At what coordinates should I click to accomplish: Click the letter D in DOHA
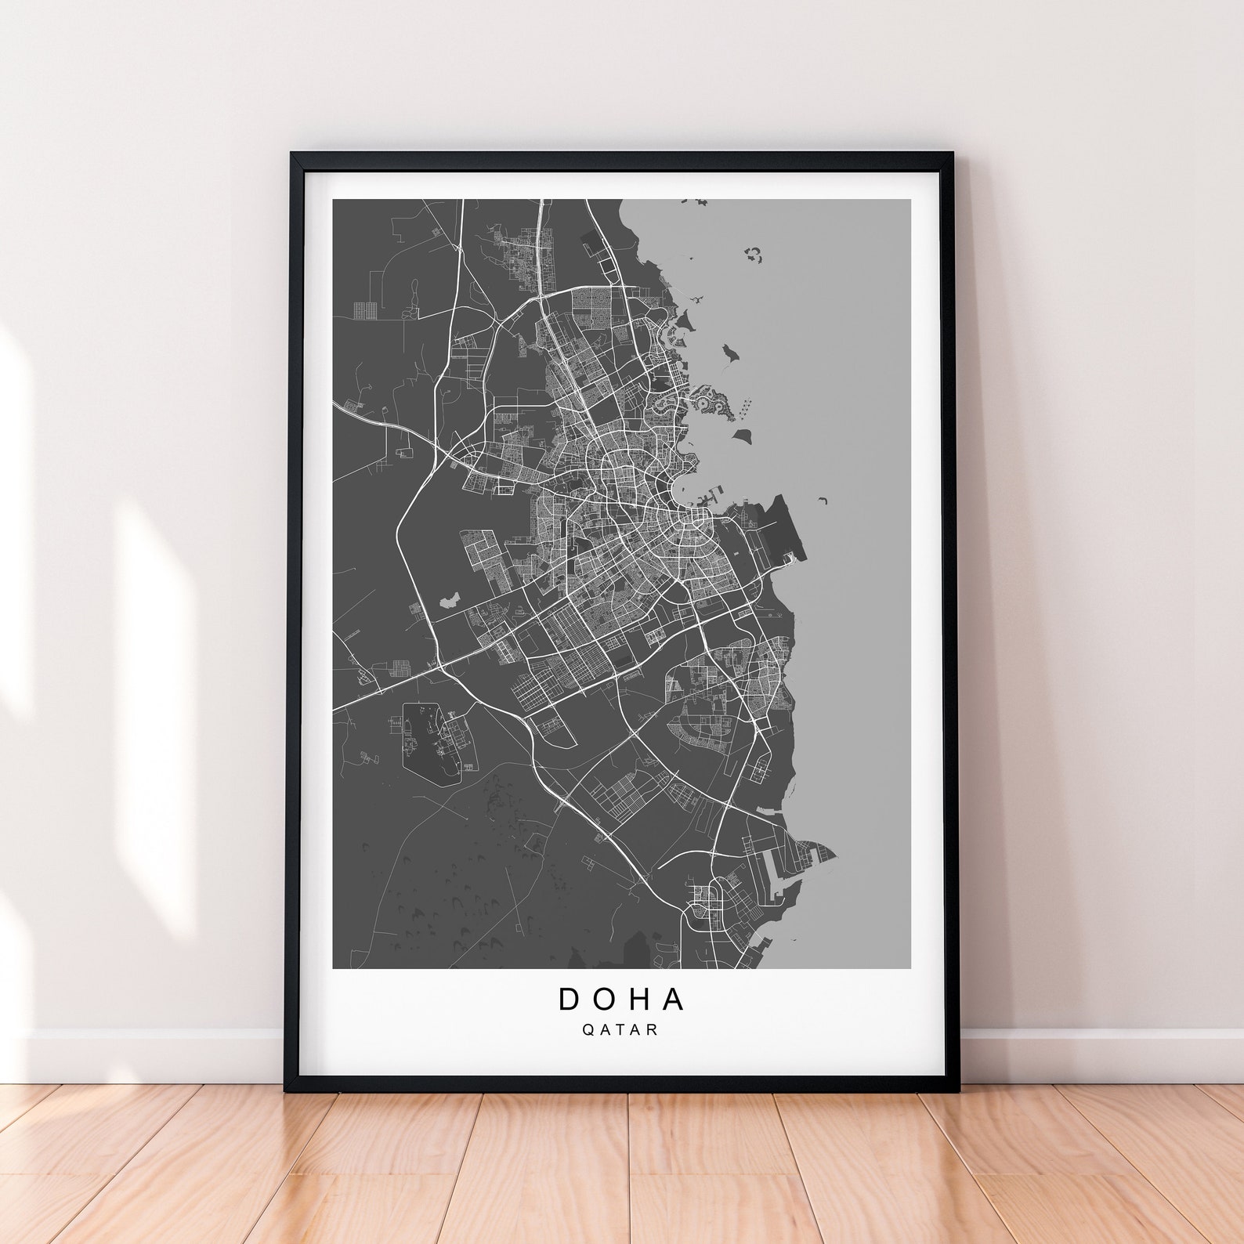[570, 999]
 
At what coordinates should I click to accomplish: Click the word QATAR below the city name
[620, 1030]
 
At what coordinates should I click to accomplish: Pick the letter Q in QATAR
[588, 1030]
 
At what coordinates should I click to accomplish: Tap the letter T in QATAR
[620, 1030]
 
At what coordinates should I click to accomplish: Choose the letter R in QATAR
[653, 1030]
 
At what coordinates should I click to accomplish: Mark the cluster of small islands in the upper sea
[753, 253]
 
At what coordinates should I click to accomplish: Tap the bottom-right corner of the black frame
[959, 1089]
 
